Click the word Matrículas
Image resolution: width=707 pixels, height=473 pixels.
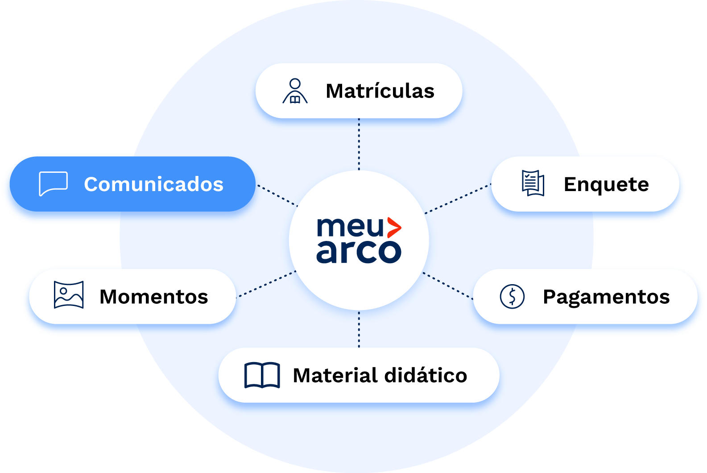coord(380,91)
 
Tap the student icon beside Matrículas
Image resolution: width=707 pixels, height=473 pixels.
coord(295,91)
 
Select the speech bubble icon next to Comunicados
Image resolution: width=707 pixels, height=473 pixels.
coord(54,183)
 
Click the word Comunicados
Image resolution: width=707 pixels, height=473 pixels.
coord(153,184)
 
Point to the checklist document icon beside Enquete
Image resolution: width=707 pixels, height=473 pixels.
coord(533,183)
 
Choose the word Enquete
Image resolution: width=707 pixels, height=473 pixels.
coord(606,184)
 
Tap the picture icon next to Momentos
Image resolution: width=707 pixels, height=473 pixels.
coord(69,295)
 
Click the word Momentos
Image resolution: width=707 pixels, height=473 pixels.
coord(154,297)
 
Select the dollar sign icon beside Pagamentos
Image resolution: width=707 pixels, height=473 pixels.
coord(512,296)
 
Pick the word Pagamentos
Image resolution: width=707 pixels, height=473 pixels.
coord(606,297)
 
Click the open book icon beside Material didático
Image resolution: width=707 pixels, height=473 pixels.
coord(262,375)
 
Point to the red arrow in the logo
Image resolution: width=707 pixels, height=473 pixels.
coord(393,228)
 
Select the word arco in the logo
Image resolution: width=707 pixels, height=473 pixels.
coord(359,252)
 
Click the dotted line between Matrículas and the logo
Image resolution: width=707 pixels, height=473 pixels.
coord(359,144)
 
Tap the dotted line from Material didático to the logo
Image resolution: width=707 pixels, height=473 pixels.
coord(359,329)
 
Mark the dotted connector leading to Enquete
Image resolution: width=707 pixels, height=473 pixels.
coord(458,199)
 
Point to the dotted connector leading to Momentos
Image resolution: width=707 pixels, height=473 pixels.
coord(266,284)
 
